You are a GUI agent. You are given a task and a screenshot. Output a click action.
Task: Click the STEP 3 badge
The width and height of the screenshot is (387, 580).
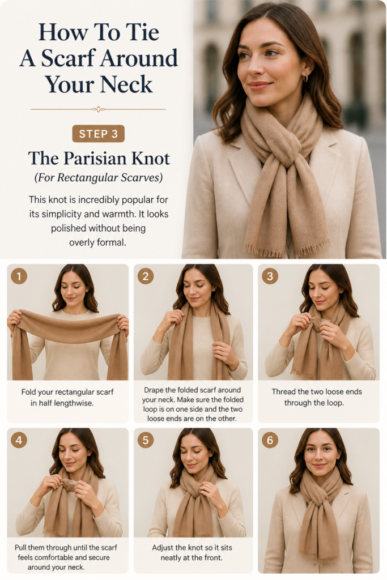click(99, 134)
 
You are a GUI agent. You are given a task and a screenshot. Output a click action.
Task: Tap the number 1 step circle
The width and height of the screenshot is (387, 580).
click(19, 276)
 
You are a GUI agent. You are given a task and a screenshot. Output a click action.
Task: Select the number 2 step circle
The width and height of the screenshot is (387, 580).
click(146, 276)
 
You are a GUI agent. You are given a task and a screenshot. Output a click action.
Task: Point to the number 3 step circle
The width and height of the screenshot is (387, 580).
click(270, 276)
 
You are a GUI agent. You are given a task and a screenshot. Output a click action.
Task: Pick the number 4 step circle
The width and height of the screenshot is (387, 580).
click(19, 440)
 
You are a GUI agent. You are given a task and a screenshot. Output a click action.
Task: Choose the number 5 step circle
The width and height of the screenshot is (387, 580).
click(146, 440)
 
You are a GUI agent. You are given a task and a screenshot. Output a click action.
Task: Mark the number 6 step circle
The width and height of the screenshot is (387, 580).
click(270, 440)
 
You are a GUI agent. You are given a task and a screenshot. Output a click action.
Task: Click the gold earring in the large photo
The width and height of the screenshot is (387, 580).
click(305, 78)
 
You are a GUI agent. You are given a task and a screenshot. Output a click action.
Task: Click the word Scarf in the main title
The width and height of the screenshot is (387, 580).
click(69, 58)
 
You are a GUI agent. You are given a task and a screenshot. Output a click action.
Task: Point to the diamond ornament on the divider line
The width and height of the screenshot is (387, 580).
click(98, 109)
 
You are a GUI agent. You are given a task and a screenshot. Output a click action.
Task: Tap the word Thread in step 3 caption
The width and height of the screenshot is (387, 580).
click(283, 392)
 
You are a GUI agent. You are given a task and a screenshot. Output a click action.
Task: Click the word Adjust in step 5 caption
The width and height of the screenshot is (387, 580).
click(163, 548)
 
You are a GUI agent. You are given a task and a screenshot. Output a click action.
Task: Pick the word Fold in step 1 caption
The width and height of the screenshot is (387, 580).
click(28, 392)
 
